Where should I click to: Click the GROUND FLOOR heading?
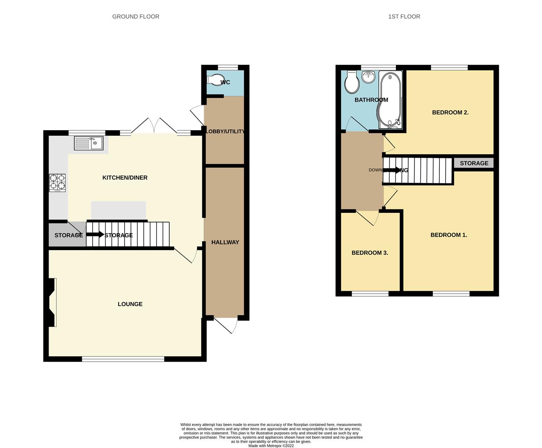coord(136,17)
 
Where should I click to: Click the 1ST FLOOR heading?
coord(404,17)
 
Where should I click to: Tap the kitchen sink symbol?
coord(89,144)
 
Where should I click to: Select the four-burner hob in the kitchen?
coord(57,183)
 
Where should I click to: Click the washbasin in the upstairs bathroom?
coord(368,76)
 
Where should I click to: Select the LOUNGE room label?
coord(130,304)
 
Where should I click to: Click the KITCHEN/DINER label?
coord(125,178)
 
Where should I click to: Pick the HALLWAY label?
coord(225,242)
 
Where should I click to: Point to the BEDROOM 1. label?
coord(449,235)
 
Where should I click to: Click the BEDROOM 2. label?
coord(450,112)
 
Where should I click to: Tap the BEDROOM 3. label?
coord(370,253)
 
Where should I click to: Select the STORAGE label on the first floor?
coord(474,163)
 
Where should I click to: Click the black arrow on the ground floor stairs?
coord(95,235)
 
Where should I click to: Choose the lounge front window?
coord(123,359)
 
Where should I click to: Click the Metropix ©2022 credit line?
coord(271,446)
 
